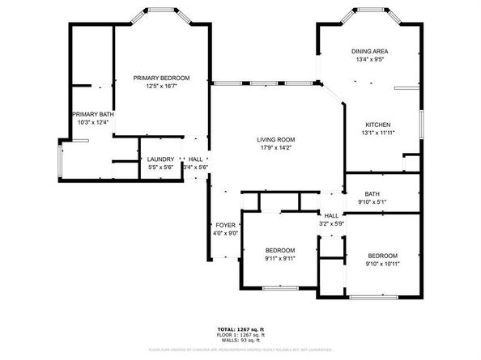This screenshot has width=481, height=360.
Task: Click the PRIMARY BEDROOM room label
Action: [161, 78]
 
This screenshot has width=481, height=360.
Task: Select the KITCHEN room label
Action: [377, 125]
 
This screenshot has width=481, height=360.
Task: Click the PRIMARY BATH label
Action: [92, 115]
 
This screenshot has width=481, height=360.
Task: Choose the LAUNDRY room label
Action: [160, 159]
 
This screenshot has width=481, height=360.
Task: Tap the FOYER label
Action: [225, 225]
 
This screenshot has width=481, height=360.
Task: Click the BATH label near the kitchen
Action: [372, 194]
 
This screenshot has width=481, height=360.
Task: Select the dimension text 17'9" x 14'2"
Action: [276, 148]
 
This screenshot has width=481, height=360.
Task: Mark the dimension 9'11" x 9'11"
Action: [279, 259]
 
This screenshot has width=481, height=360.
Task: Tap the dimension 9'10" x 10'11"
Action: [382, 263]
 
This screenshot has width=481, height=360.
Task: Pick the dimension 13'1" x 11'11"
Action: [377, 133]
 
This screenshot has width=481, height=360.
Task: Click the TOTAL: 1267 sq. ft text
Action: [240, 329]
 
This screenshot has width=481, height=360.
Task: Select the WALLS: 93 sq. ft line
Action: [240, 340]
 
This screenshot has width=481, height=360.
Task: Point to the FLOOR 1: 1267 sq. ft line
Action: [240, 335]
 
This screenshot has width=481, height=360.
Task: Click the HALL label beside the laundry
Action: [195, 159]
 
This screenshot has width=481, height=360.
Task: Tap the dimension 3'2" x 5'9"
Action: [332, 223]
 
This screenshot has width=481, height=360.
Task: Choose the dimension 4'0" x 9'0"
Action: [225, 233]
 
